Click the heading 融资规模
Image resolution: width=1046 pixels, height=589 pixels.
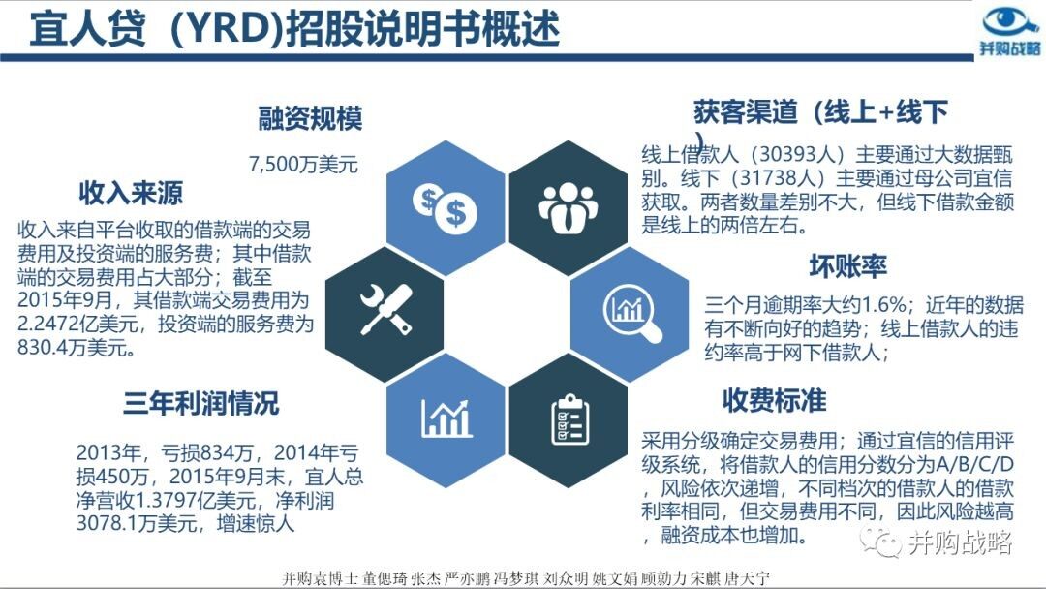click(310, 119)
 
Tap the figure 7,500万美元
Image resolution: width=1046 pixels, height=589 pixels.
click(303, 164)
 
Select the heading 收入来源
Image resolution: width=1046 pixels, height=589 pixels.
click(131, 193)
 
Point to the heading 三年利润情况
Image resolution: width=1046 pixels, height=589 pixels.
click(200, 404)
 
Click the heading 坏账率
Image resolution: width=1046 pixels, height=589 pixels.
click(847, 266)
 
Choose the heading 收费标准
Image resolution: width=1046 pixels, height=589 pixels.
click(774, 400)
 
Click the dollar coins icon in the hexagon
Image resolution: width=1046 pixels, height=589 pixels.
click(445, 208)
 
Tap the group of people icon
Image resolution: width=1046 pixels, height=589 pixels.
click(568, 207)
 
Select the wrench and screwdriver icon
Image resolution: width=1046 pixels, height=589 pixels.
click(385, 309)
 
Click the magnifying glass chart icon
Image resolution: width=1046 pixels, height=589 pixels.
click(631, 312)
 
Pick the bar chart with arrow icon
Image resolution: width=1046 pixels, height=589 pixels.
click(446, 418)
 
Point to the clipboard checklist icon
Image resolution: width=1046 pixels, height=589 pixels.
click(569, 418)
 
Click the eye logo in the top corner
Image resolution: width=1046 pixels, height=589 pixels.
click(1010, 21)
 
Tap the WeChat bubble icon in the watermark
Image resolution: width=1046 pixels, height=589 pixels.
click(880, 541)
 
